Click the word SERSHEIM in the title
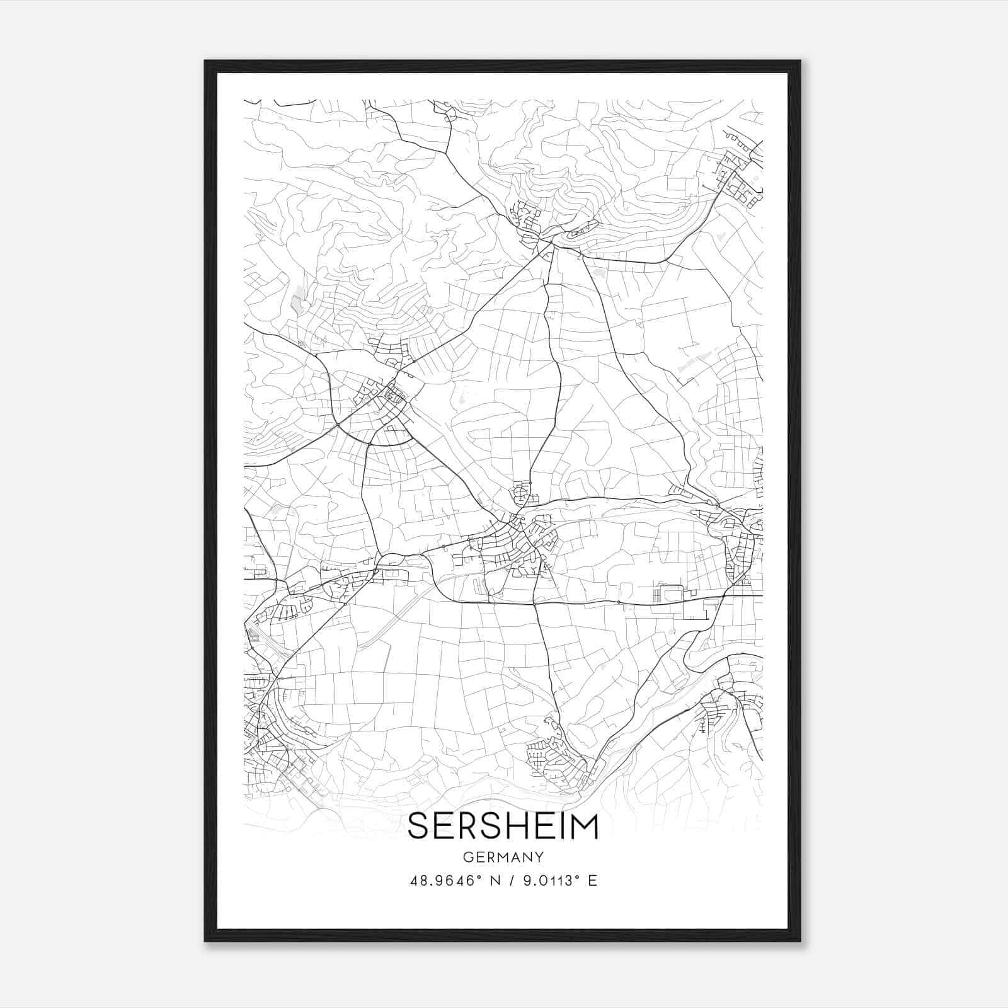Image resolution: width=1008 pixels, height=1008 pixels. (x=503, y=827)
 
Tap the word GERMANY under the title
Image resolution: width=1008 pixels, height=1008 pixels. (x=503, y=857)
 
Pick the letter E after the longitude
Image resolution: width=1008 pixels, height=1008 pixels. (x=592, y=881)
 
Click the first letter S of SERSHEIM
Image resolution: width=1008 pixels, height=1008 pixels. (x=419, y=827)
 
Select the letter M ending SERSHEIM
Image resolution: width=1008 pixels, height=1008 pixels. (x=584, y=827)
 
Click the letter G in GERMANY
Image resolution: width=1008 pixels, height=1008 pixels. (x=467, y=857)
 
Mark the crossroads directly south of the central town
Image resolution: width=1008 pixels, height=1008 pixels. (x=534, y=604)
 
